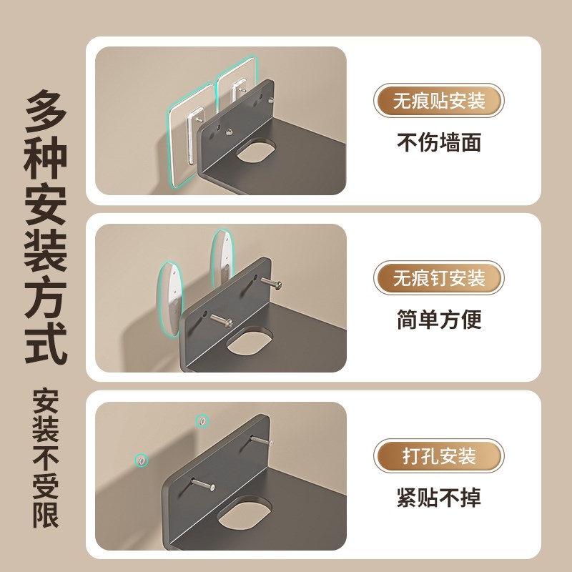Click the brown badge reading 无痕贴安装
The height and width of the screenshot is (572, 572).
(x=438, y=101)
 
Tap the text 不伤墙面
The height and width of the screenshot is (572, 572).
(x=438, y=142)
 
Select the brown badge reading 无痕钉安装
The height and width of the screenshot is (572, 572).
(x=438, y=277)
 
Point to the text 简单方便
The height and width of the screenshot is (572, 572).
(x=438, y=319)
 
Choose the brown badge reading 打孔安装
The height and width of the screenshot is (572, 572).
(x=438, y=455)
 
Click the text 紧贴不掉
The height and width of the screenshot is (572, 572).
(x=438, y=497)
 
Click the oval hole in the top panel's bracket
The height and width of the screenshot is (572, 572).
(x=255, y=151)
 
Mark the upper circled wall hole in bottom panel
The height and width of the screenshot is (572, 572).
(x=202, y=422)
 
